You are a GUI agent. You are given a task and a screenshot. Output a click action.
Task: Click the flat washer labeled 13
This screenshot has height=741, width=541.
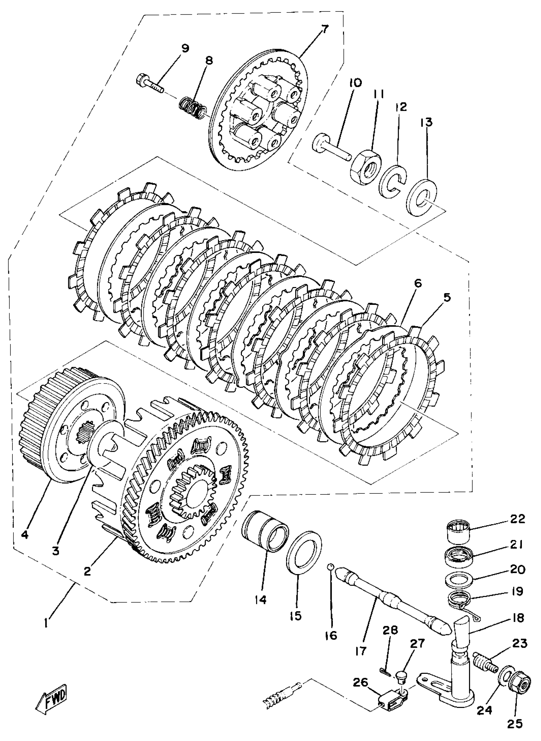pyautogui.click(x=421, y=197)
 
